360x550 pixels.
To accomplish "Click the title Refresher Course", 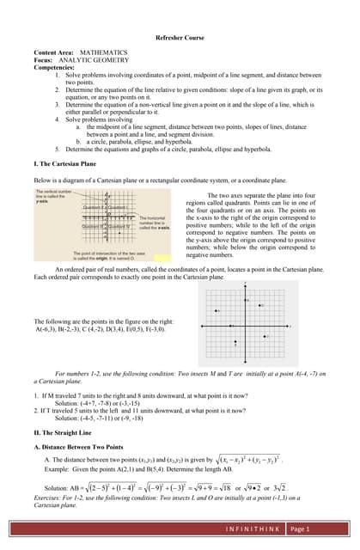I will point(180,39).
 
